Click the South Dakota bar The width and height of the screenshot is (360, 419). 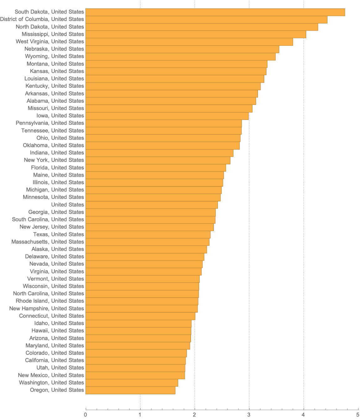coord(215,12)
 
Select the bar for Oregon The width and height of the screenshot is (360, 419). coord(130,390)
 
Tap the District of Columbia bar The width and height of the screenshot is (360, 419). coord(206,19)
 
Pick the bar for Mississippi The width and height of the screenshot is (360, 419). coord(196,34)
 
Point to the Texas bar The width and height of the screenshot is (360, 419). coord(148,235)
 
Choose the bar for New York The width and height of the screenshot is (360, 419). coord(158,160)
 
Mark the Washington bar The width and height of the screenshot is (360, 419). coord(132,383)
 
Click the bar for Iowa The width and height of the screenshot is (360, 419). coord(167,116)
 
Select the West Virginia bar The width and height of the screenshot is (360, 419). coord(189,42)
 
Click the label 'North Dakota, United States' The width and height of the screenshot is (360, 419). coord(50,27)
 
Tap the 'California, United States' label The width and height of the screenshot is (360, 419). coord(54,360)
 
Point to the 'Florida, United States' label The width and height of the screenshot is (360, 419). coord(57,168)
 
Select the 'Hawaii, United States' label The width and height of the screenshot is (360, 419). coord(58,331)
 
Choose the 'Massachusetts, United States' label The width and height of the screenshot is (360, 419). coord(48,242)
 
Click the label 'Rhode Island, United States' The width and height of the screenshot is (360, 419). coord(50,301)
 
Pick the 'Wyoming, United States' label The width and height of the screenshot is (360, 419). coord(54,56)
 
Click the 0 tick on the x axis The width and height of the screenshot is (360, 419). coord(85,415)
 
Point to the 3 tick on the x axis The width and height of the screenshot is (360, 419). coord(249,415)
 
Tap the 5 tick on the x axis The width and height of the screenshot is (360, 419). coord(358,415)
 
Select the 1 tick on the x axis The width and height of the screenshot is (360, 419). coord(140,415)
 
